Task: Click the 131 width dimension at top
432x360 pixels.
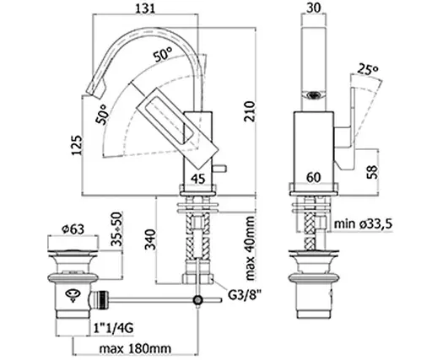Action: pyautogui.click(x=145, y=8)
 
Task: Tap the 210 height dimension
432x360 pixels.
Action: pyautogui.click(x=249, y=111)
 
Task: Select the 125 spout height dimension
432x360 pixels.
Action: pyautogui.click(x=77, y=145)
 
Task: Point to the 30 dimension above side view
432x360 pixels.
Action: pyautogui.click(x=313, y=8)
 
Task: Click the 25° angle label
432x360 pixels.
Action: pyautogui.click(x=367, y=69)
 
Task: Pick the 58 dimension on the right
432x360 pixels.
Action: pyautogui.click(x=372, y=172)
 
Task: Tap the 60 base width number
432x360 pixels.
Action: pyautogui.click(x=313, y=177)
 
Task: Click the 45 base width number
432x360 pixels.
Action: pyautogui.click(x=198, y=179)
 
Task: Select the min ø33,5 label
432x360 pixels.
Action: pyautogui.click(x=363, y=224)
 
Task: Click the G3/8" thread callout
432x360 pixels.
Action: pyautogui.click(x=244, y=295)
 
